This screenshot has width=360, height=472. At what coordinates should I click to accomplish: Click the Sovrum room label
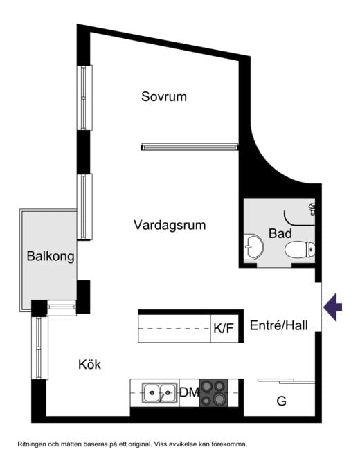[164, 97]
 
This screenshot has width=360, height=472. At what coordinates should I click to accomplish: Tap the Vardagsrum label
[170, 225]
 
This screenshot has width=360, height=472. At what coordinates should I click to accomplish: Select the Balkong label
[51, 256]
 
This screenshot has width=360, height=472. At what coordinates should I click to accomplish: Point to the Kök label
[89, 365]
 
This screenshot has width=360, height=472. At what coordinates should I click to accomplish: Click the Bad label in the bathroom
[280, 234]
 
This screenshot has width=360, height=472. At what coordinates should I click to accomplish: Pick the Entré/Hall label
[279, 325]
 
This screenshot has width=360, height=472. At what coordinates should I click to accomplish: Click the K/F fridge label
[224, 328]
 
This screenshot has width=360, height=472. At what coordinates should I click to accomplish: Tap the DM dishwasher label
[189, 392]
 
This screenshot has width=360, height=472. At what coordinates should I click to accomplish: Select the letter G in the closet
[281, 401]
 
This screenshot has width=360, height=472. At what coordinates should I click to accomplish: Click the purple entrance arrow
[332, 307]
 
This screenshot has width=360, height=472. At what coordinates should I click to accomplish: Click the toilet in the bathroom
[300, 249]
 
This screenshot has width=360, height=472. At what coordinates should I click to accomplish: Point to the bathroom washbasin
[253, 247]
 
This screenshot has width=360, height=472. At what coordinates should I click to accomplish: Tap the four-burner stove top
[214, 393]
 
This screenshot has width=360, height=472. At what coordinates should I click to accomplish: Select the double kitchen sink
[159, 392]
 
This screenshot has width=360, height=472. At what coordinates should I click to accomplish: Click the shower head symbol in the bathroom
[312, 209]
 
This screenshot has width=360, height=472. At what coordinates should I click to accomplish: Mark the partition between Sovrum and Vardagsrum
[190, 147]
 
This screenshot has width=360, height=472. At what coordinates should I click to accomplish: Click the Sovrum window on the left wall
[84, 98]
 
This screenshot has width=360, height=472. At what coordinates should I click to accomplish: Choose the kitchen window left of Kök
[39, 348]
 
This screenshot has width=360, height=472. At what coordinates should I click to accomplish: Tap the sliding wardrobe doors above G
[286, 381]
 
